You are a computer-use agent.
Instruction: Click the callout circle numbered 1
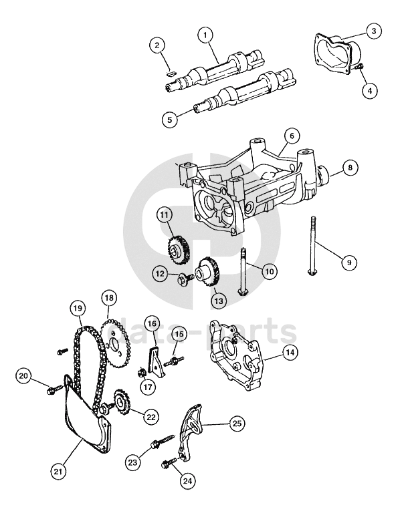pos(205,35)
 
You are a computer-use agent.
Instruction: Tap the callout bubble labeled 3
pos(374,31)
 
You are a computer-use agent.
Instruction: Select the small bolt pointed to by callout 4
pos(359,66)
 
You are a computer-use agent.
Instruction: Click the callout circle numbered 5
pos(170,120)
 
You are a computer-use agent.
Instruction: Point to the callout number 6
pos(292,136)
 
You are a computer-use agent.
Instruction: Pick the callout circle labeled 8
pos(350,168)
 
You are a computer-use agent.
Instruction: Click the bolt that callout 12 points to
pos(185,278)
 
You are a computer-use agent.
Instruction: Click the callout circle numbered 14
pos(290,352)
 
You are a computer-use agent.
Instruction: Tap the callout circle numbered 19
pos(78,309)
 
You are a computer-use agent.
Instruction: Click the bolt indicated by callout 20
pos(54,389)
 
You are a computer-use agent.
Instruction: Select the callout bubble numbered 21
pos(58,472)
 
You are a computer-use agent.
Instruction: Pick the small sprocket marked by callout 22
pos(121,403)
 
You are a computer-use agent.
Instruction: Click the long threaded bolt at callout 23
pos(163,440)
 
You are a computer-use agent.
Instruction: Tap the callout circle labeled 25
pos(237,423)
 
